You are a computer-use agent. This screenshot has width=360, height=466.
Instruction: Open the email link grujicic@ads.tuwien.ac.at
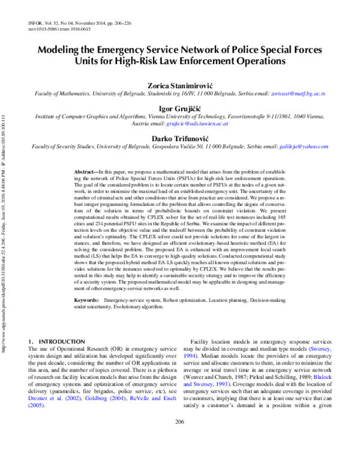tap(197, 123)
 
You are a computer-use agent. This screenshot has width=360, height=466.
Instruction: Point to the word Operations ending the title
tap(253, 61)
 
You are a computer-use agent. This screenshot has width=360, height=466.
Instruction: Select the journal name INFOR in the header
tap(36, 23)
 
